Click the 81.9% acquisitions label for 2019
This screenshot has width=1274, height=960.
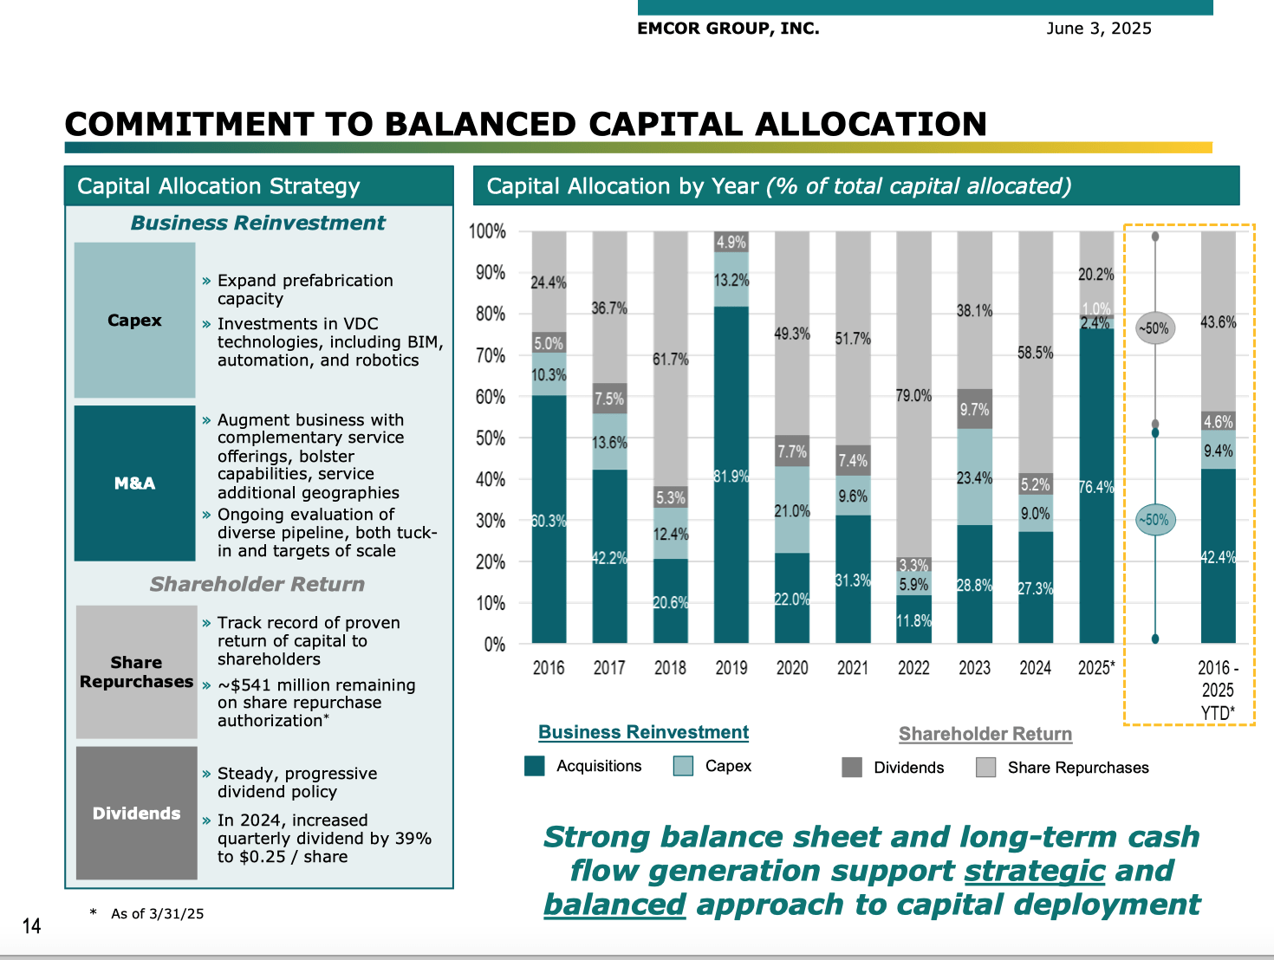click(x=731, y=477)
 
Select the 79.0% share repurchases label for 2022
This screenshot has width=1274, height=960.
click(x=913, y=396)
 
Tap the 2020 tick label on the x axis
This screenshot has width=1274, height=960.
click(x=792, y=668)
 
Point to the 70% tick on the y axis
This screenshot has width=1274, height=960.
click(x=491, y=355)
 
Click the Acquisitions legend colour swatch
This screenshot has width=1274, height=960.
click(x=535, y=766)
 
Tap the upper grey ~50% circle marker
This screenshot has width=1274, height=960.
click(x=1154, y=328)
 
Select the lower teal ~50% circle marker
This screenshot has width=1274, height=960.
click(x=1154, y=520)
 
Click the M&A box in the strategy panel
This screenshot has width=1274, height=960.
click(x=135, y=483)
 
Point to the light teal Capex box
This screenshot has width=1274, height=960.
click(x=135, y=321)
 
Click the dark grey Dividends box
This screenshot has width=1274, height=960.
click(x=137, y=814)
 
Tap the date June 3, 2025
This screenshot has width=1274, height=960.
click(x=1099, y=29)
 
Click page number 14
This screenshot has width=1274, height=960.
click(x=31, y=926)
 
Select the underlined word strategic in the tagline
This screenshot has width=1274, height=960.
click(x=1034, y=871)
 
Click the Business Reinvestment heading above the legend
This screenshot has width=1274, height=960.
click(x=643, y=732)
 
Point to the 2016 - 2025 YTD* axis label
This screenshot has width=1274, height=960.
click(x=1218, y=691)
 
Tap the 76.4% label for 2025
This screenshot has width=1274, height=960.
click(x=1096, y=488)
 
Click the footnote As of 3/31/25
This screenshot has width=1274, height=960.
click(x=157, y=913)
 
